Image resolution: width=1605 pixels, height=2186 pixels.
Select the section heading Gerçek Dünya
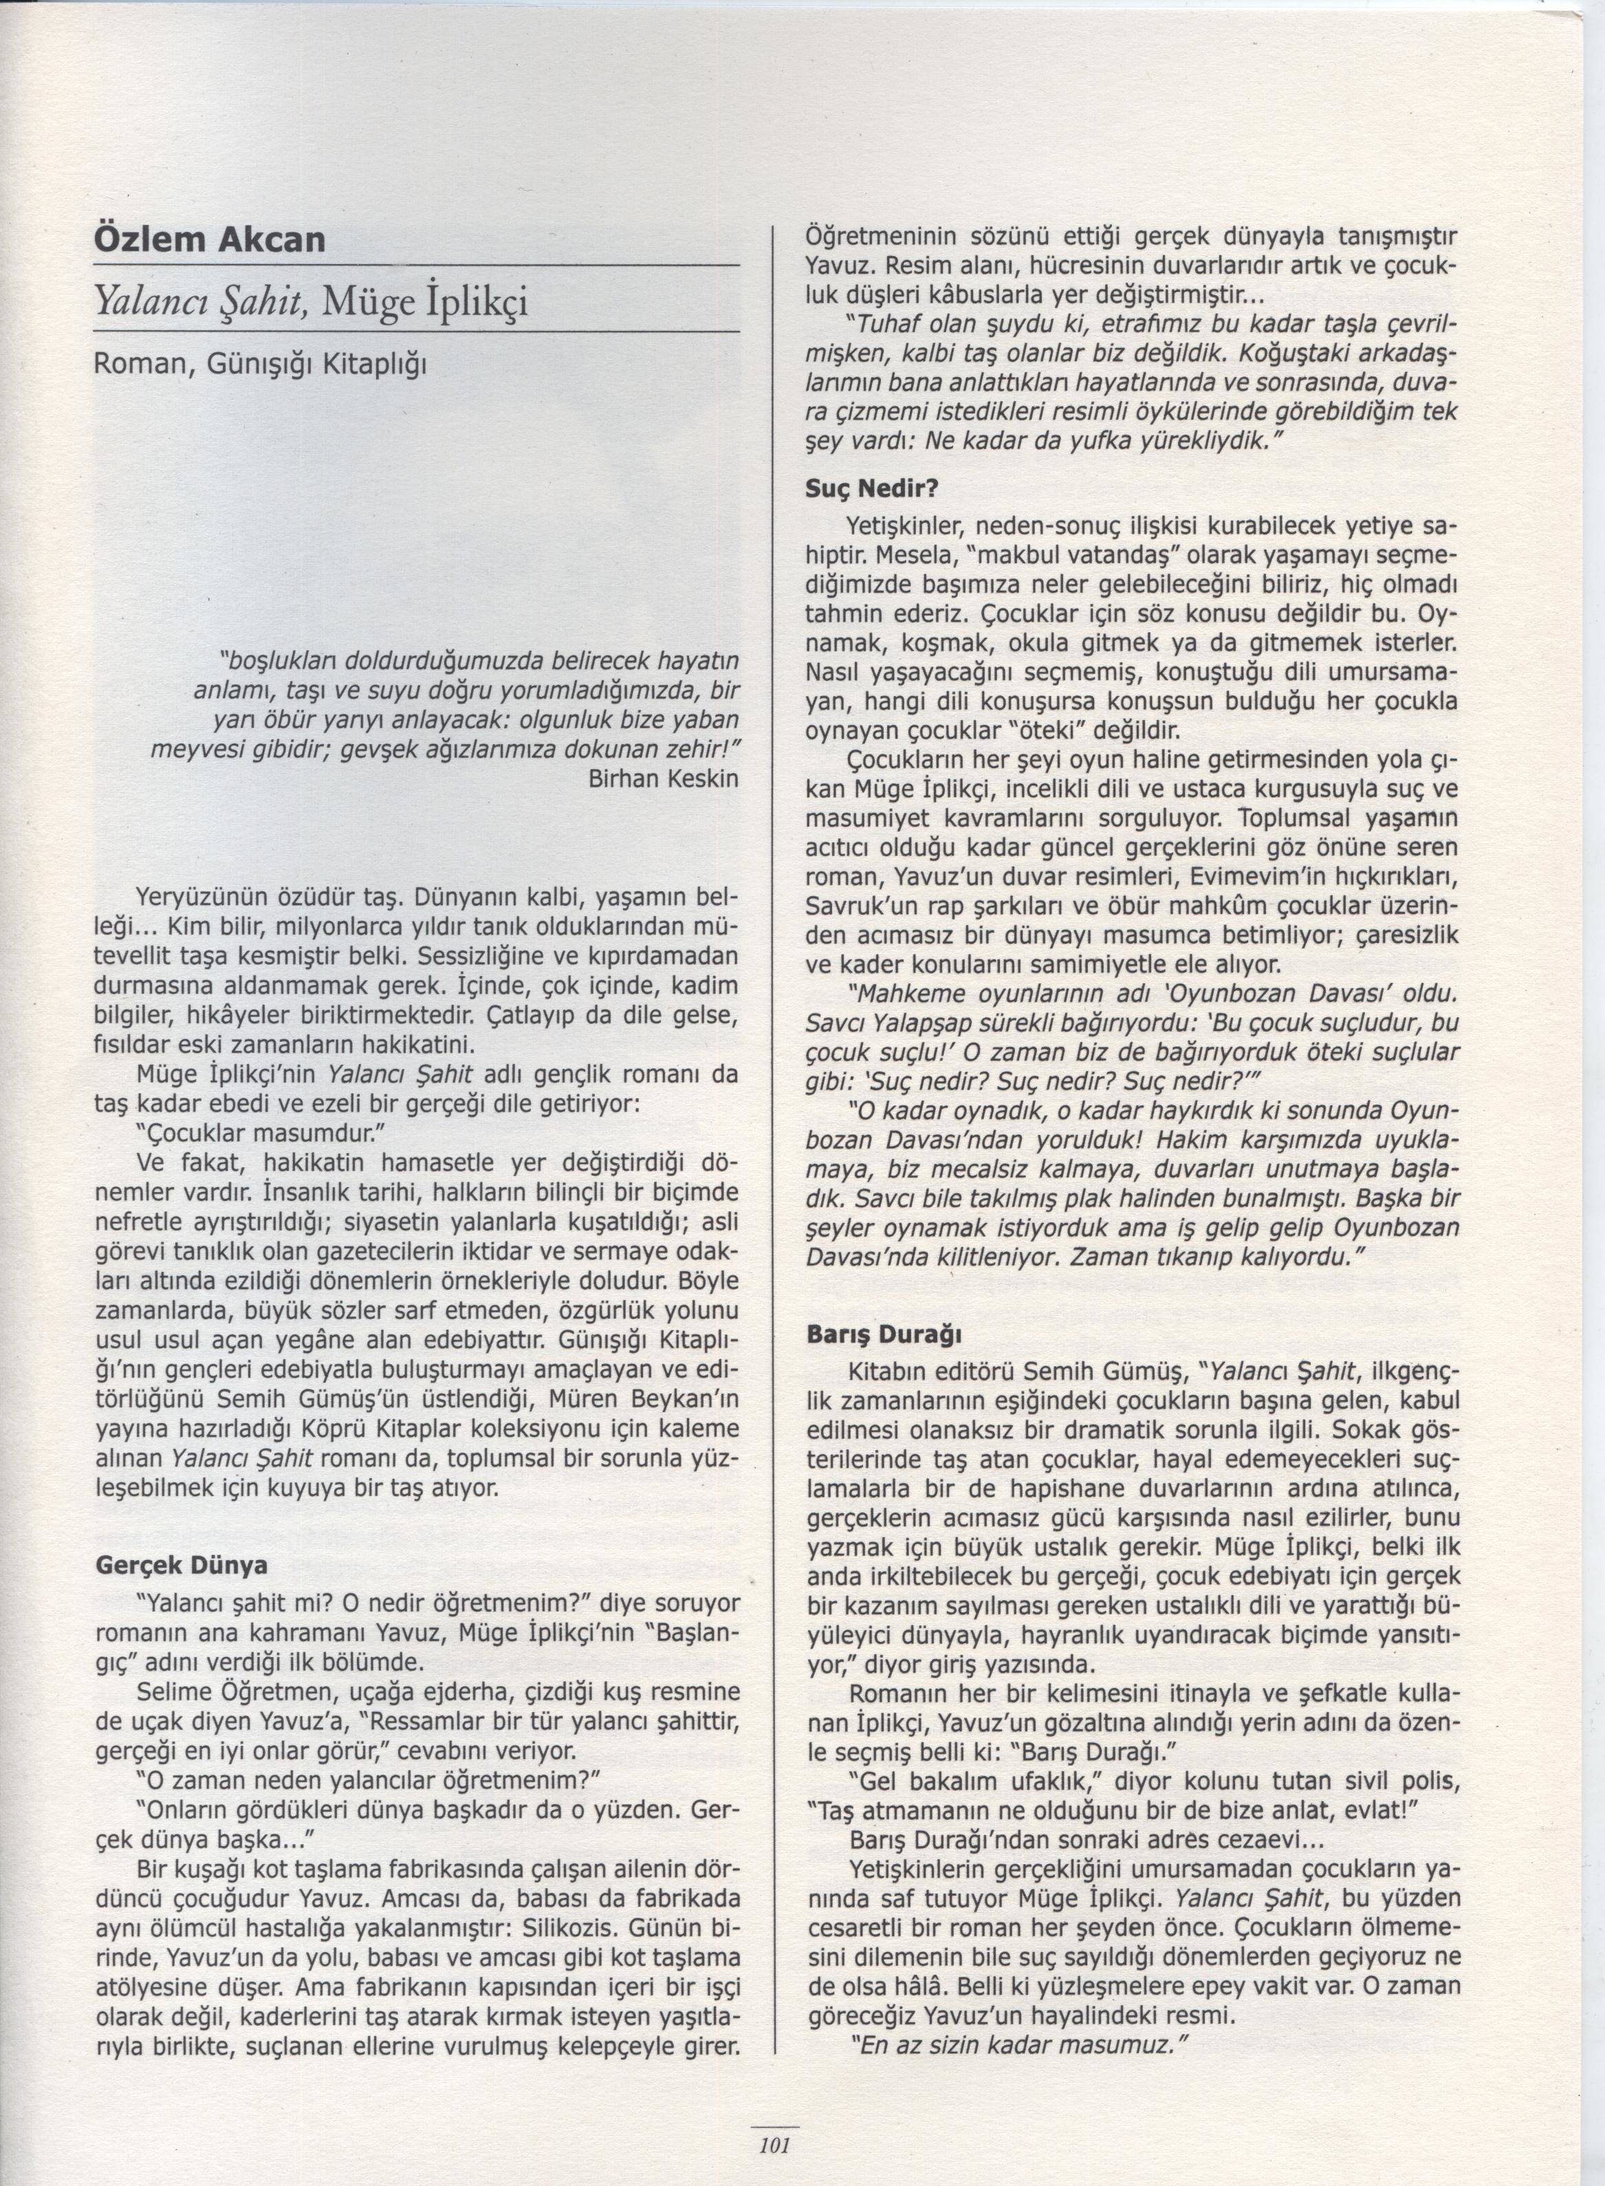[181, 1565]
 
